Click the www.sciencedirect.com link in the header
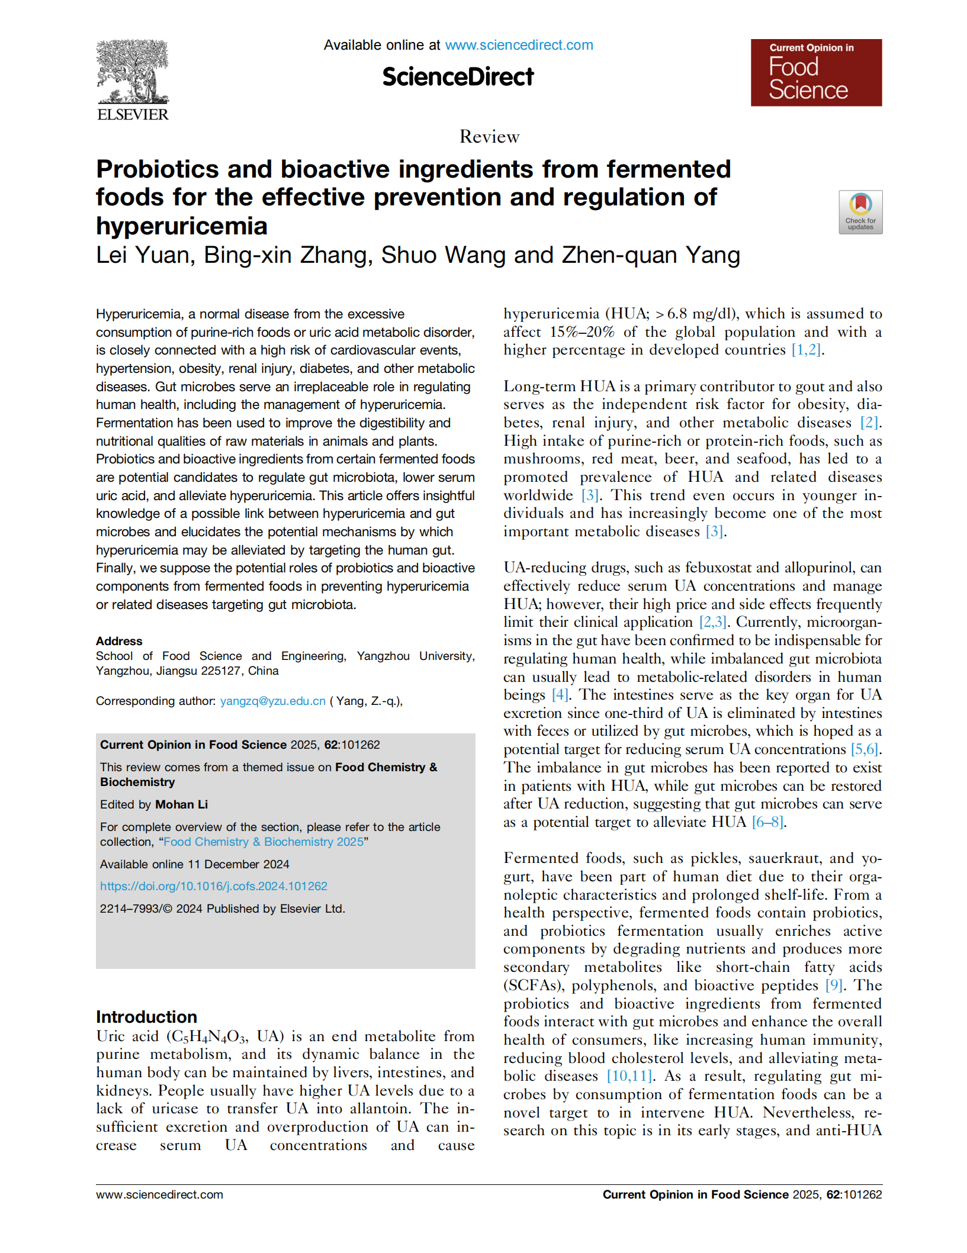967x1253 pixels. (x=519, y=45)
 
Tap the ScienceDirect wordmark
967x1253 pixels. (x=458, y=77)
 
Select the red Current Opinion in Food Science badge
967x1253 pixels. (x=815, y=73)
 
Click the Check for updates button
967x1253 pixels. (x=860, y=212)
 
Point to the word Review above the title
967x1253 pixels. (x=489, y=137)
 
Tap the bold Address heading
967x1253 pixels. (x=119, y=641)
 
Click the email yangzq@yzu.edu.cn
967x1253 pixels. (x=272, y=701)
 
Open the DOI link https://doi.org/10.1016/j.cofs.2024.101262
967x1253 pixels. (x=213, y=886)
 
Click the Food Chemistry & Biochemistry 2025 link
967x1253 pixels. (x=264, y=842)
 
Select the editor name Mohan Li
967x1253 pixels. (x=181, y=804)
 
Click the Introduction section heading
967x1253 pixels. (x=146, y=1017)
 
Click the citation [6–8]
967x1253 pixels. (x=768, y=822)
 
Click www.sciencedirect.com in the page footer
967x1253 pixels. (x=159, y=1194)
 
